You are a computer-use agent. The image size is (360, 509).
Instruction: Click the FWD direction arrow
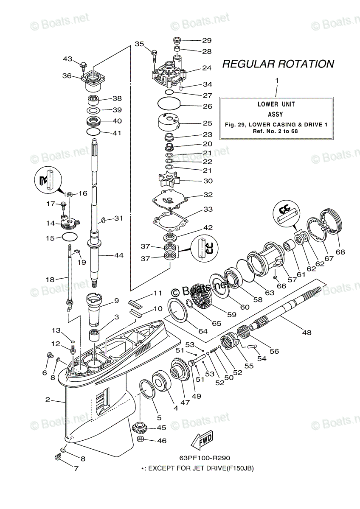click(x=202, y=441)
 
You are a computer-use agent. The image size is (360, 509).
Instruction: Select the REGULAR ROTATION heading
click(x=278, y=64)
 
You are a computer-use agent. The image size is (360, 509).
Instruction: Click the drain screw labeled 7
click(x=59, y=457)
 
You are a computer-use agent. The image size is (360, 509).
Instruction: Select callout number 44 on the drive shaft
click(x=118, y=255)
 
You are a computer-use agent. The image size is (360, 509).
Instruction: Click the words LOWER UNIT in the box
click(x=276, y=104)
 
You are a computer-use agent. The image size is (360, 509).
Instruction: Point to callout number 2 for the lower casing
click(x=48, y=400)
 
